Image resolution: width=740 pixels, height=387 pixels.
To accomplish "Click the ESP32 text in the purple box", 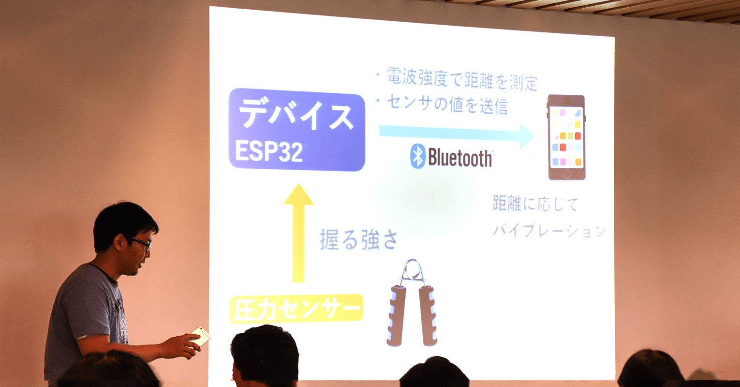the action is [x=268, y=151].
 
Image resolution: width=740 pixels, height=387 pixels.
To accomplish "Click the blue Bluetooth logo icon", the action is [x=417, y=156].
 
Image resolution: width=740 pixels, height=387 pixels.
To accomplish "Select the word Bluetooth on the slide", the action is [x=460, y=158].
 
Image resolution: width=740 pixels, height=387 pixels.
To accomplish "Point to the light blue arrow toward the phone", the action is [x=457, y=134].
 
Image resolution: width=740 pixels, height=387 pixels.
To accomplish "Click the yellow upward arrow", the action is [x=298, y=233].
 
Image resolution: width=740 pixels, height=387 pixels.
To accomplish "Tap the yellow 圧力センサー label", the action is [x=296, y=308].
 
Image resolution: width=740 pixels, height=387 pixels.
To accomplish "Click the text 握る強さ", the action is [x=359, y=239].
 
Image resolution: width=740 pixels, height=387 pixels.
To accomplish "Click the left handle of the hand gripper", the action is [x=397, y=315].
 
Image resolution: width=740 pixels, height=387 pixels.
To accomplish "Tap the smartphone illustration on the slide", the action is [x=566, y=137].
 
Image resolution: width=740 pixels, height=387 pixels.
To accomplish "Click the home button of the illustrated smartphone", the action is [x=567, y=174].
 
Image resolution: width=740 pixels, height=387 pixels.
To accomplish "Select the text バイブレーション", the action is [x=549, y=230].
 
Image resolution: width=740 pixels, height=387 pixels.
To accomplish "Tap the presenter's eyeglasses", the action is [x=141, y=243].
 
